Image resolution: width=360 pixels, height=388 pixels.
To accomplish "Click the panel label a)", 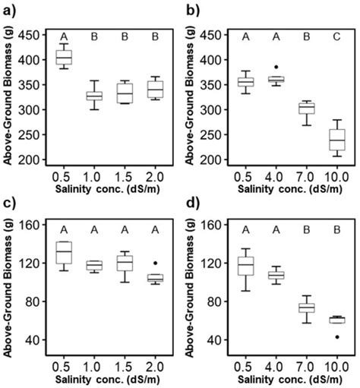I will point(11,10).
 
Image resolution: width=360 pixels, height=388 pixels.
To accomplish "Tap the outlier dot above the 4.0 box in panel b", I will point(276,68).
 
